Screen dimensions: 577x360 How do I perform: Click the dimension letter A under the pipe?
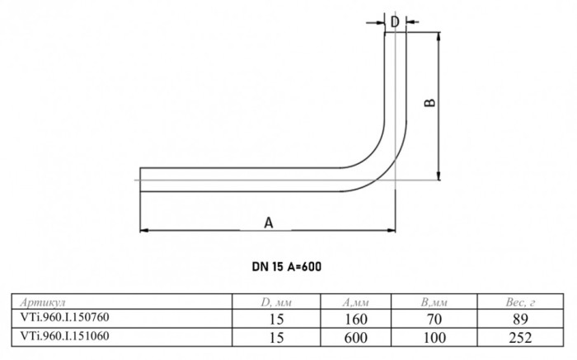(x=269, y=222)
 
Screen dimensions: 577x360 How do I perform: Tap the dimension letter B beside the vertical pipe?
(x=429, y=103)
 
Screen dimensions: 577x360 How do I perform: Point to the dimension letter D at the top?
(x=395, y=22)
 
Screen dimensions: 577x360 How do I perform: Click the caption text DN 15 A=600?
(x=287, y=267)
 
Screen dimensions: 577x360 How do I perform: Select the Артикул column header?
(x=43, y=302)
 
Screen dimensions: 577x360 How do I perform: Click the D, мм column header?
(x=276, y=302)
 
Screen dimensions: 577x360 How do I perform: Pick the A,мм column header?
(x=355, y=302)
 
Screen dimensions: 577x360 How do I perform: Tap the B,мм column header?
(x=434, y=302)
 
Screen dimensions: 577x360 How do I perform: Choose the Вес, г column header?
(x=520, y=302)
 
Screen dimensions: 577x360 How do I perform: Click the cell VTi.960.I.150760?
(x=65, y=316)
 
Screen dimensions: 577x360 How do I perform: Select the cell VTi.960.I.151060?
(x=65, y=336)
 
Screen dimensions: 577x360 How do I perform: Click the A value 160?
(x=356, y=319)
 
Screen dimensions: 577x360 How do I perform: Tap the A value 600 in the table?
(x=356, y=338)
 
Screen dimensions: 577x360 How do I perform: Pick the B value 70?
(x=434, y=319)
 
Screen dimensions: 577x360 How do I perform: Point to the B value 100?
(x=434, y=338)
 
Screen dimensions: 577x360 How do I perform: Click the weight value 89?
(x=520, y=319)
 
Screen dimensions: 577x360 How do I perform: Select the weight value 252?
(x=520, y=338)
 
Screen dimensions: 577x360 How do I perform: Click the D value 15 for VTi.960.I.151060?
(x=276, y=338)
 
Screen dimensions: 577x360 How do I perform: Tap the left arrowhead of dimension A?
(x=144, y=230)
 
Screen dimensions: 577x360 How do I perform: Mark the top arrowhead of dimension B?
(x=439, y=36)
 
